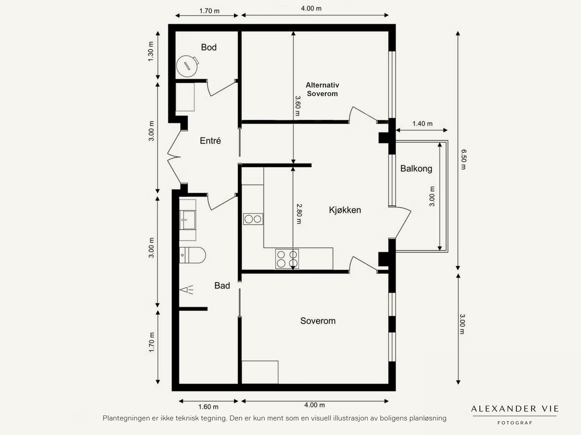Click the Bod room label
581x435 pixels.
pyautogui.click(x=209, y=47)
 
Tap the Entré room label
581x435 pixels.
pyautogui.click(x=210, y=141)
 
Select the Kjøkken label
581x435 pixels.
pyautogui.click(x=345, y=210)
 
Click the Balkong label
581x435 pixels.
pyautogui.click(x=416, y=168)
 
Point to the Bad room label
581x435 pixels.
pyautogui.click(x=222, y=286)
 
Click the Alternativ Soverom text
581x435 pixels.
pyautogui.click(x=322, y=89)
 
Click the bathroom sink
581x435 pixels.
pyautogui.click(x=188, y=220)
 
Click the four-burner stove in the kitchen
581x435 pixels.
pyautogui.click(x=287, y=259)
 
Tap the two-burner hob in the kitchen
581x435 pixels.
pyautogui.click(x=253, y=219)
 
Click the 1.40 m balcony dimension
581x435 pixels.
pyautogui.click(x=422, y=123)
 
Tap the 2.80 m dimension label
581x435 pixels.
pyautogui.click(x=298, y=214)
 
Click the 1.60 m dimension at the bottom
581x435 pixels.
pyautogui.click(x=208, y=407)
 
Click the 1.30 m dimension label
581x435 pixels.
pyautogui.click(x=151, y=52)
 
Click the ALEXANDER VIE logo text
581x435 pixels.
pyautogui.click(x=515, y=409)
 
